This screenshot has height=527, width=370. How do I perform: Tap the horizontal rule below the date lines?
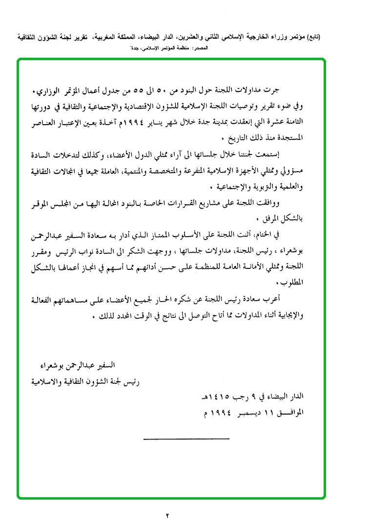tap(186, 438)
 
